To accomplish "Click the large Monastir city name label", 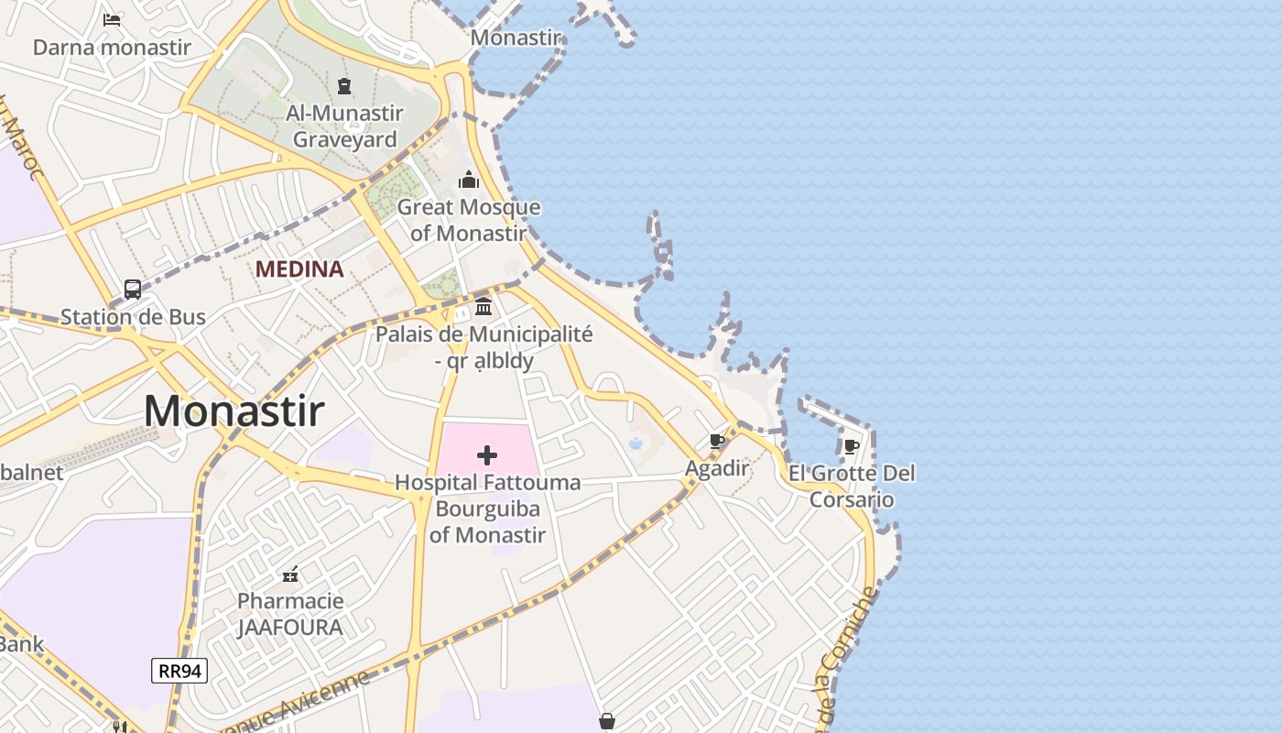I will coord(234,410).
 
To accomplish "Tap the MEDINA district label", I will coord(299,269).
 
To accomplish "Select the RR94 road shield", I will coord(179,671).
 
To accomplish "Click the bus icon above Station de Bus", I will coord(133,290).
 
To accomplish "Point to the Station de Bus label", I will coord(133,317).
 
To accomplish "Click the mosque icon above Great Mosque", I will coord(469,180).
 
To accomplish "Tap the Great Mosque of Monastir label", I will coord(469,220).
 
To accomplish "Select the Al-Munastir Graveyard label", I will coord(344,126).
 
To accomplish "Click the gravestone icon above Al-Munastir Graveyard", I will coord(344,87).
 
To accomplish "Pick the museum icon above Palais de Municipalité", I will coord(483,306).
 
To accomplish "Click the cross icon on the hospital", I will coord(487,454).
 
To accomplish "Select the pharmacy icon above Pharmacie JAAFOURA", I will coord(290,574).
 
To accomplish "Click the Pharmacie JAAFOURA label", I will coord(290,614).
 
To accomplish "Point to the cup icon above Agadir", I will coord(718,442).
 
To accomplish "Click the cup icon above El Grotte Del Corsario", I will coord(852,447).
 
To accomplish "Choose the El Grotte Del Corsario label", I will coord(852,487).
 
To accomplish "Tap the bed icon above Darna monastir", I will coord(112,19).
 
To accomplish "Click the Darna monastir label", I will coord(112,47).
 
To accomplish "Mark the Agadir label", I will coord(718,468).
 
